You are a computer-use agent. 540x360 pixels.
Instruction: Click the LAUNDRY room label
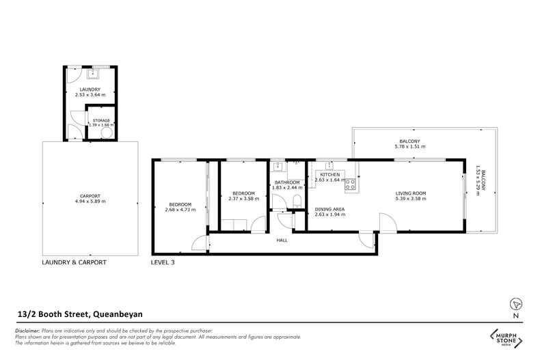pos(90,89)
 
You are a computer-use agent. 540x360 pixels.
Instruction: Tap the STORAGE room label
pos(101,120)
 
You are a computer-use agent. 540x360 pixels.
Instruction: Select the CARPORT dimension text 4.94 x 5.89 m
pos(90,202)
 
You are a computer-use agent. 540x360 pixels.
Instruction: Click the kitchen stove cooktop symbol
pos(350,183)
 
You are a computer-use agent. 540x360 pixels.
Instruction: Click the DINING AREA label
pos(329,209)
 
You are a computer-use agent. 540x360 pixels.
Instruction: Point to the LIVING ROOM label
pos(411,193)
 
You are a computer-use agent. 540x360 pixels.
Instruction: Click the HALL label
pos(282,240)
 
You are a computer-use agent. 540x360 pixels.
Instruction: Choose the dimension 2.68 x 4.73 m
pos(180,210)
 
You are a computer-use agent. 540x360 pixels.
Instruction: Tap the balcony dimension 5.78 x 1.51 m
pos(411,147)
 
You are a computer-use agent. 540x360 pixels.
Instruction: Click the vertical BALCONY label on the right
pos(485,181)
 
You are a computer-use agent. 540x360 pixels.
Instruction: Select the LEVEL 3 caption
pos(163,262)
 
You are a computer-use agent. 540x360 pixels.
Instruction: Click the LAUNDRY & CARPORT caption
pos(74,262)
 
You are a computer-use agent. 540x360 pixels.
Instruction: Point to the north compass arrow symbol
pos(516,304)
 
